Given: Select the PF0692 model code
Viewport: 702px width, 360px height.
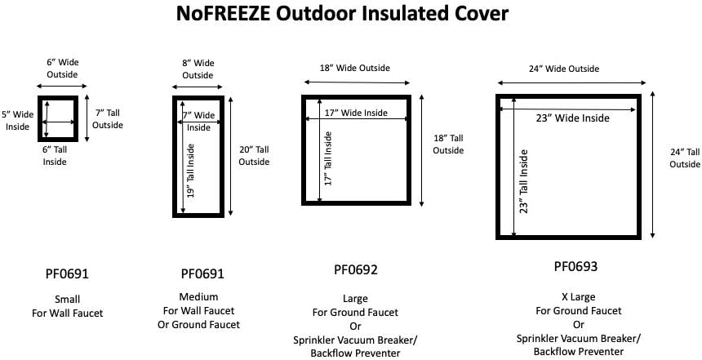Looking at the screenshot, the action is click(x=356, y=269).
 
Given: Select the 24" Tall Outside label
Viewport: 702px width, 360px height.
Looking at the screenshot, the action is click(x=685, y=158).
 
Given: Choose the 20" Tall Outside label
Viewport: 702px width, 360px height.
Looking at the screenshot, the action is click(x=253, y=155).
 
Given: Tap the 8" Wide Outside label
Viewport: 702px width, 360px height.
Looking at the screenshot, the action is click(x=198, y=68).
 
